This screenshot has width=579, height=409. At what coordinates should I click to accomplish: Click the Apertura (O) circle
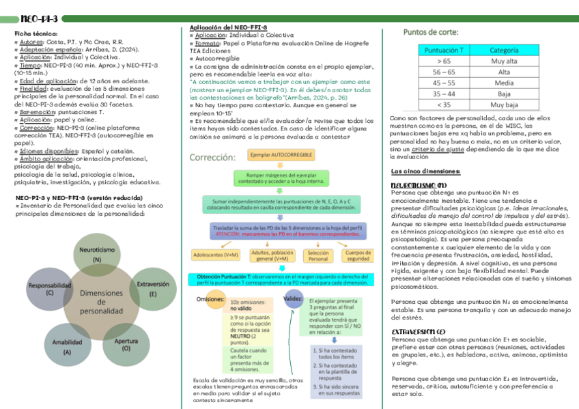[126, 343]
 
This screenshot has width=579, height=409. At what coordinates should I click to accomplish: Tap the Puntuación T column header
[444, 50]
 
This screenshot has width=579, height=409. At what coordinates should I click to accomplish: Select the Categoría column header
[503, 50]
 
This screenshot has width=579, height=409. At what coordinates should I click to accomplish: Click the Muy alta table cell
[503, 61]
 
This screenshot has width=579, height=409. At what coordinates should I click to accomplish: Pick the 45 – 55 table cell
[444, 83]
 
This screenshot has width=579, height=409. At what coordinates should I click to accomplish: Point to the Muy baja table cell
[503, 104]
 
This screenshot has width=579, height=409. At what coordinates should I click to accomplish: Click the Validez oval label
[293, 299]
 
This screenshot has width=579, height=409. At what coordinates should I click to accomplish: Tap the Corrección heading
[212, 156]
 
